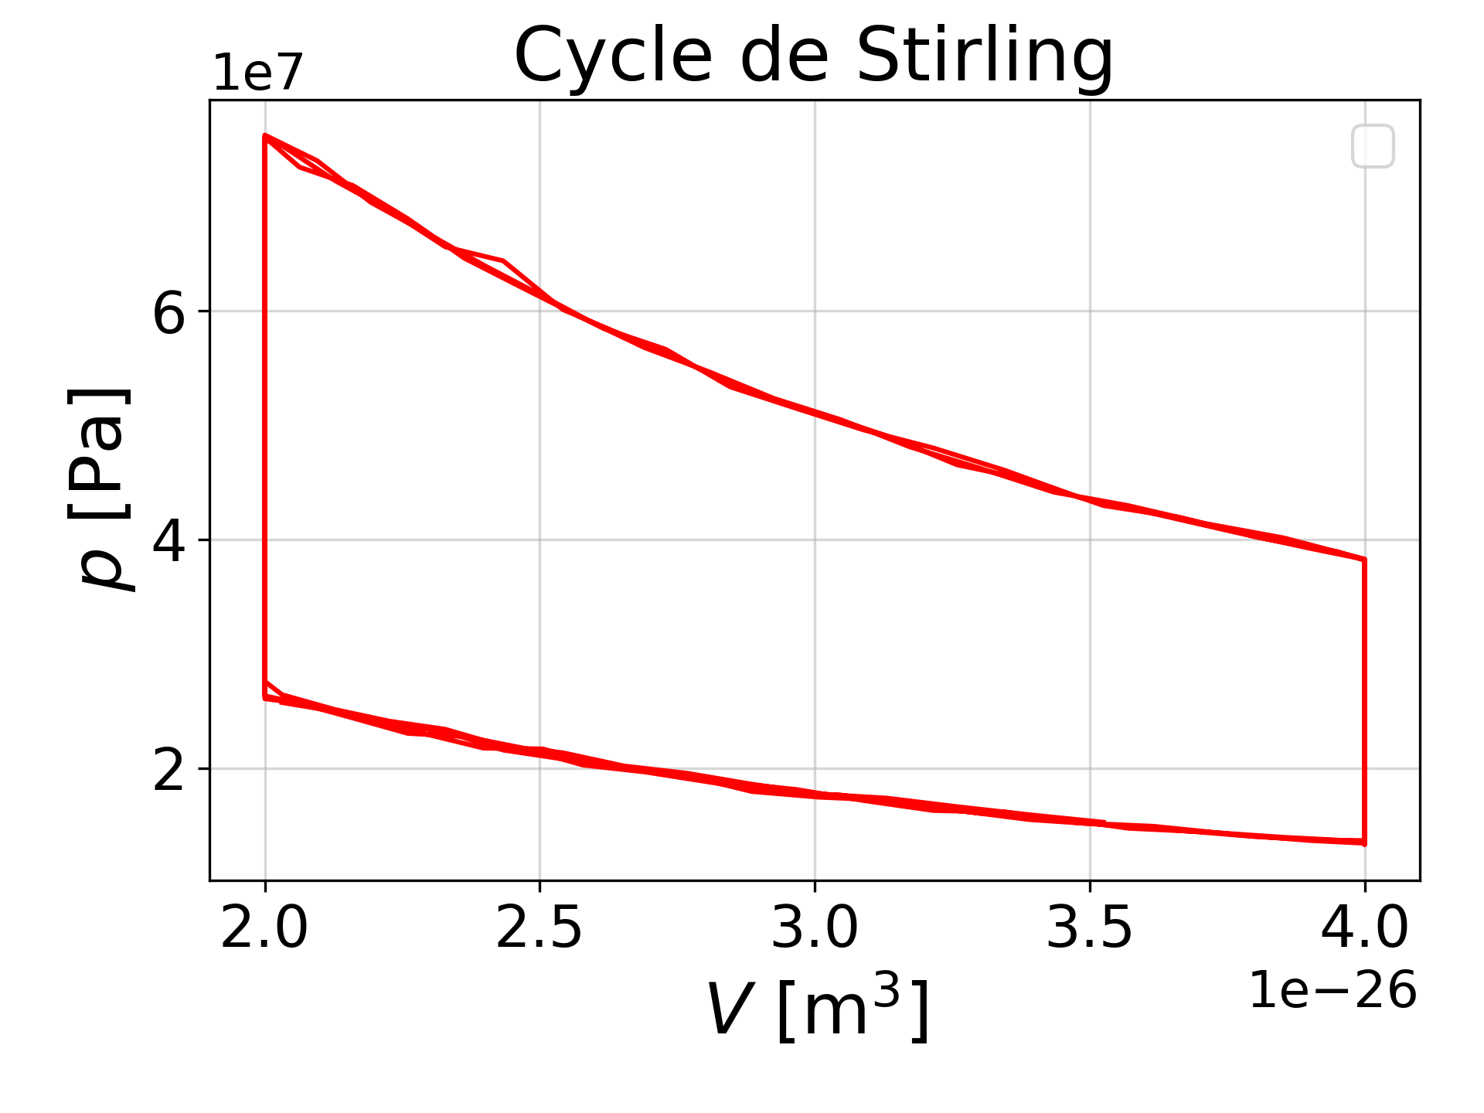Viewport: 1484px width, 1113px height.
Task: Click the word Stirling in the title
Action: click(985, 56)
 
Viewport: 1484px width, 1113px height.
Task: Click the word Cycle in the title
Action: click(612, 56)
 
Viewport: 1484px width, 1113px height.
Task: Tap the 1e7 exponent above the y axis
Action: click(257, 73)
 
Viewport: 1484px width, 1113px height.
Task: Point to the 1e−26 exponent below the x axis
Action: click(1333, 990)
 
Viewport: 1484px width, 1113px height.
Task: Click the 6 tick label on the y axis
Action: click(169, 315)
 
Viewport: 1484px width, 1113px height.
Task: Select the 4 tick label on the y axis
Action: click(169, 543)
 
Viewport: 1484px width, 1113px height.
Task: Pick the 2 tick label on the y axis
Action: click(169, 771)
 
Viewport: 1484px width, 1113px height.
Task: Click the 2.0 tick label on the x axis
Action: click(264, 928)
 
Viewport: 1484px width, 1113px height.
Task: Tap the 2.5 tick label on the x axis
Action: click(539, 928)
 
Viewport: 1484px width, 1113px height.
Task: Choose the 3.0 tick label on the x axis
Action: click(815, 928)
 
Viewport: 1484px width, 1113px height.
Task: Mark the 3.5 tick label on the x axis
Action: click(1089, 928)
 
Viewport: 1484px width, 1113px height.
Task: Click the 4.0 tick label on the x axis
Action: click(1364, 928)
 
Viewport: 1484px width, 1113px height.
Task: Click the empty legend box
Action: click(1373, 146)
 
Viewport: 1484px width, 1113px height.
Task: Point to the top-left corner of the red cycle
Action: click(265, 136)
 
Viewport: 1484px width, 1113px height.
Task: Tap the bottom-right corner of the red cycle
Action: click(1364, 842)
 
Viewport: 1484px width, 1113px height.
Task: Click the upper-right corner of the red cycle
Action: click(1364, 560)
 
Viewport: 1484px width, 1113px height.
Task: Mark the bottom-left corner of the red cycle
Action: click(265, 698)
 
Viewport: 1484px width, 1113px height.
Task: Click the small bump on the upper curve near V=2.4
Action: click(502, 261)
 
